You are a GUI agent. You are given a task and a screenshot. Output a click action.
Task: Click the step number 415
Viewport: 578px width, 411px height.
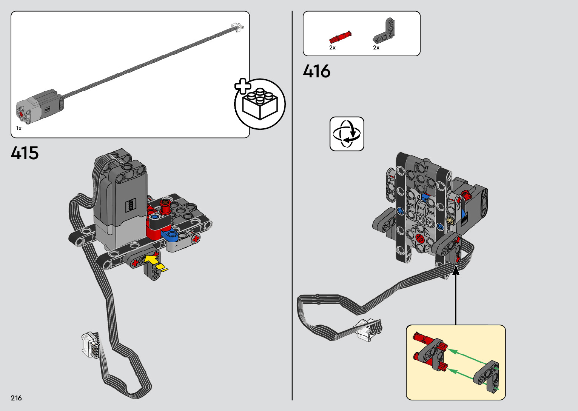25,153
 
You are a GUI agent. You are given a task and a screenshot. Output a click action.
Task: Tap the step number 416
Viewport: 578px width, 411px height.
316,71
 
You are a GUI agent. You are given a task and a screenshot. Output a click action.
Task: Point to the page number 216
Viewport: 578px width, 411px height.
16,398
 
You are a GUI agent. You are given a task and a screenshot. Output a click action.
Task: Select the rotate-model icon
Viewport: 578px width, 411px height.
347,134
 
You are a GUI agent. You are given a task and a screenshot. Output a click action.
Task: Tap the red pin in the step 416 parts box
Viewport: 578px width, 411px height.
340,38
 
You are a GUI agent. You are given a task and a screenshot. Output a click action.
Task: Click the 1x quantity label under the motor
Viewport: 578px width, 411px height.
19,128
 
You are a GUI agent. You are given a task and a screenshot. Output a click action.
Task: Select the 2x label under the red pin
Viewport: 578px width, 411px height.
332,48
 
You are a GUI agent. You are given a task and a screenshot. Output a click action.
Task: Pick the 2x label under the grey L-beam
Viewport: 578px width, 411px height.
376,48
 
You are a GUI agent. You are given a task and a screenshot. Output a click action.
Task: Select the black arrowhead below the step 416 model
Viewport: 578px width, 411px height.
456,270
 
